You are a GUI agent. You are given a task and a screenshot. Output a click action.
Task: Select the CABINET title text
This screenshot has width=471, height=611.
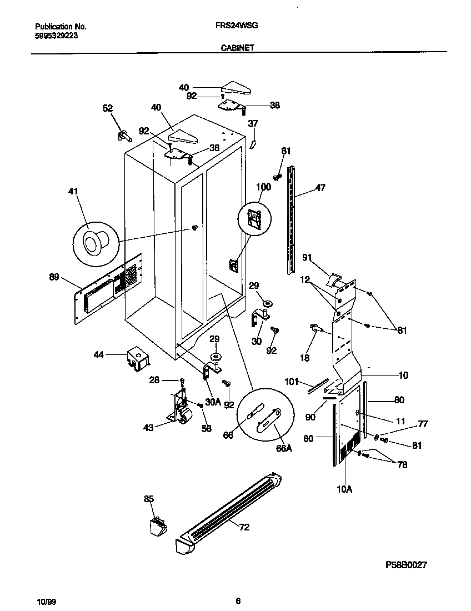[x=238, y=48]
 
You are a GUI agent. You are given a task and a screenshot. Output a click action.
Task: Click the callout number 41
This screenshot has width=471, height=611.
[x=73, y=192]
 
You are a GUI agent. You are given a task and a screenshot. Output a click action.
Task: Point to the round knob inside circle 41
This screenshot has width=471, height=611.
[x=92, y=242]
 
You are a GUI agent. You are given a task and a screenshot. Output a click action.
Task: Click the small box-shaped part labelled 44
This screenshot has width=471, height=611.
[x=136, y=358]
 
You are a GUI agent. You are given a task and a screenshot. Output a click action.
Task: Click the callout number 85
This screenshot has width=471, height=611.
[x=148, y=499]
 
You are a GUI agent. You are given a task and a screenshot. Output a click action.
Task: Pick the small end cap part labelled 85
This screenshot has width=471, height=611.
[x=157, y=525]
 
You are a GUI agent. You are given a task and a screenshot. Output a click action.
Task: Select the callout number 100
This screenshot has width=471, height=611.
[x=263, y=187]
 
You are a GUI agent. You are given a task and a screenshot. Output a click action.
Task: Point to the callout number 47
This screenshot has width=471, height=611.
[x=320, y=188]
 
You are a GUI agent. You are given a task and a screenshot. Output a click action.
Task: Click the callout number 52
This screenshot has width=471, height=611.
[x=107, y=108]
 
